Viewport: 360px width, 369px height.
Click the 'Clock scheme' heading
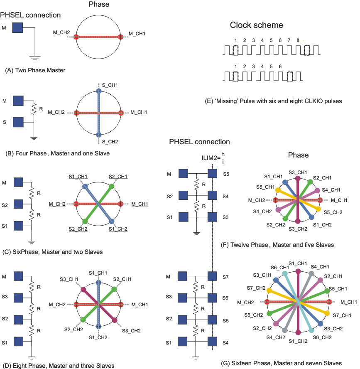[x=256, y=25]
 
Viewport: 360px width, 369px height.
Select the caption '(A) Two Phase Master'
[x=35, y=70]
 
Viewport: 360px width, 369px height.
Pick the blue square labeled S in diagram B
[x=18, y=122]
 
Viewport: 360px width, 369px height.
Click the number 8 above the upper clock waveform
[x=298, y=40]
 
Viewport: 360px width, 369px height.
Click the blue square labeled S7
[x=213, y=277]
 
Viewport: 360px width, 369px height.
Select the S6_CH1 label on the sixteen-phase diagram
[x=279, y=267]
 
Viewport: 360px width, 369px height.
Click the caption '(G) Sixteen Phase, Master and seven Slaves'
[x=282, y=363]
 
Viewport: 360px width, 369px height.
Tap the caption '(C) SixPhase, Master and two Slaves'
[x=53, y=251]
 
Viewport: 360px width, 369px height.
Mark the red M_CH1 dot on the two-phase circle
[x=121, y=37]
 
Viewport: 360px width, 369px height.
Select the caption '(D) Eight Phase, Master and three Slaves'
[x=58, y=366]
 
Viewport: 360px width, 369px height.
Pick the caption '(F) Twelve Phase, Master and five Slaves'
[x=278, y=245]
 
